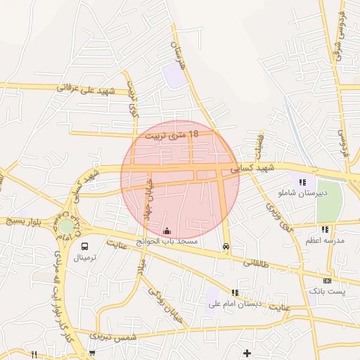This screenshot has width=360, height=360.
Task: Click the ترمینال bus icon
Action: (x=85, y=247)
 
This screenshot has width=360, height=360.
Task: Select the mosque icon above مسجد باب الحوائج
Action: (x=167, y=231)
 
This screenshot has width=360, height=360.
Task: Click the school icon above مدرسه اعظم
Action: (x=325, y=229)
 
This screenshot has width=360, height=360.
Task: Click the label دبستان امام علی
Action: (x=235, y=304)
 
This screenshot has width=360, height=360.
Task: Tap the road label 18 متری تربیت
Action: (x=172, y=133)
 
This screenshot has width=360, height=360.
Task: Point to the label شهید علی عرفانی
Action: (x=86, y=90)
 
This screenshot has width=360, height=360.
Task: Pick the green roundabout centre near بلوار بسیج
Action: (x=65, y=226)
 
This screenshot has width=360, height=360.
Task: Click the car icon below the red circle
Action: (x=225, y=247)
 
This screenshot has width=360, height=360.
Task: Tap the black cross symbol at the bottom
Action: (x=246, y=352)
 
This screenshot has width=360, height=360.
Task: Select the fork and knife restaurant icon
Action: (x=34, y=354)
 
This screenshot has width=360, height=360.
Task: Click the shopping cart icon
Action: (x=92, y=353)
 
